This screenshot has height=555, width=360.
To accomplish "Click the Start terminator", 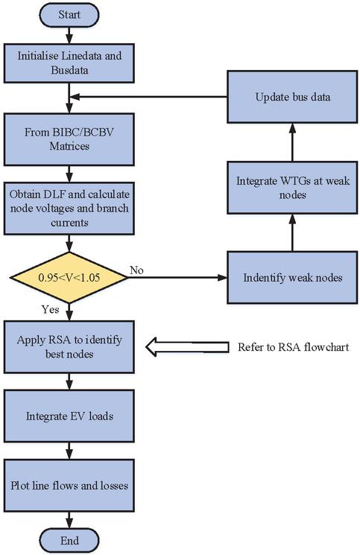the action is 69,15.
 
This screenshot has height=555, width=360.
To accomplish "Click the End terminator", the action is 69,541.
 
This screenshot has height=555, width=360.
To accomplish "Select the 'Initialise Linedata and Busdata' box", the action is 69,63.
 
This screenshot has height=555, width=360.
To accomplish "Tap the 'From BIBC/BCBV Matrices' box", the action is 69,139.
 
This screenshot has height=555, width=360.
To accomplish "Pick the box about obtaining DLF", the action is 69,208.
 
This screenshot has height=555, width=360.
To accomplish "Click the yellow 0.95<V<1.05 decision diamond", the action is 69,277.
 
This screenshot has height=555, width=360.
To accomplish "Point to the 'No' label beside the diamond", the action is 136,270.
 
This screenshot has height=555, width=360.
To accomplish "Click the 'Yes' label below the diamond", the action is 50,309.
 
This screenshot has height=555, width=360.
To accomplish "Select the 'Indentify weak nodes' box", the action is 292,277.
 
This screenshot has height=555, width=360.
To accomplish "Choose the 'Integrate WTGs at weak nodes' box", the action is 292,188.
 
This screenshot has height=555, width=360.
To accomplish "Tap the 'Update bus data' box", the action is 292,97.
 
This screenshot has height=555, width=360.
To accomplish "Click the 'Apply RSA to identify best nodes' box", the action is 69,347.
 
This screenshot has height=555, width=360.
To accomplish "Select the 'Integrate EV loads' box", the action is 69,416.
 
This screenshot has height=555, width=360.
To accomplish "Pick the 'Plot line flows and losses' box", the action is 69,485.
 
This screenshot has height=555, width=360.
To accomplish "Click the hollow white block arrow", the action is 187,347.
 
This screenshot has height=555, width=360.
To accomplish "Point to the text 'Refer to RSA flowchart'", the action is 293,347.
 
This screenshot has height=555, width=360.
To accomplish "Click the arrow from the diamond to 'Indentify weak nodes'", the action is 177,277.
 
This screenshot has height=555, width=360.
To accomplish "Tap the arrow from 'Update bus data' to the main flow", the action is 148,97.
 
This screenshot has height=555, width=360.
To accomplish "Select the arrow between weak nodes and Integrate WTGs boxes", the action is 292,232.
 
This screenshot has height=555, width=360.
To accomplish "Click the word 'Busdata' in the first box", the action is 69,70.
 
